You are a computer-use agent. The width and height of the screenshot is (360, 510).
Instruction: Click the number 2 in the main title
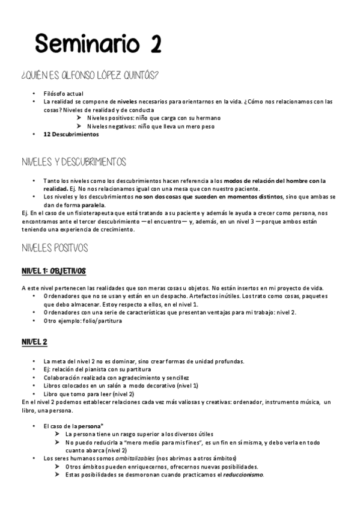coord(151,45)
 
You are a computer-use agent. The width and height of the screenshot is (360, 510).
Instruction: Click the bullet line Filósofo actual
coord(64,93)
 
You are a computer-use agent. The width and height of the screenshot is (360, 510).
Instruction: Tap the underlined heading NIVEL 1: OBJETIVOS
coord(53,271)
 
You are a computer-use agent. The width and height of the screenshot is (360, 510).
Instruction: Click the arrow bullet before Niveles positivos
coord(79,118)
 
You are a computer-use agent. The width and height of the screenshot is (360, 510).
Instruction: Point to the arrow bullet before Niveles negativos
coord(79,126)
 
